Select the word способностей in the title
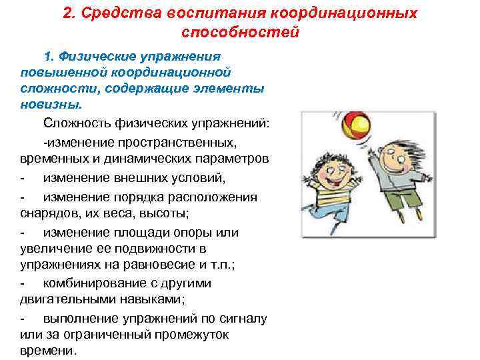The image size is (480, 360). point(239,32)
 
